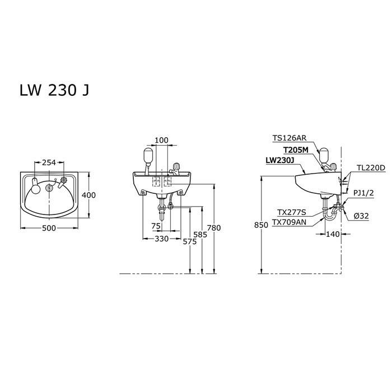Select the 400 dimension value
[88, 195]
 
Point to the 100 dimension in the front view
[161, 140]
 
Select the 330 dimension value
[162, 239]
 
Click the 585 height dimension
[200, 235]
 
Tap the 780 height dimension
[213, 227]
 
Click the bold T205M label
[295, 150]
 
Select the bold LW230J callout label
[281, 160]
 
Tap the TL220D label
[371, 168]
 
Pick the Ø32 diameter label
[362, 215]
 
